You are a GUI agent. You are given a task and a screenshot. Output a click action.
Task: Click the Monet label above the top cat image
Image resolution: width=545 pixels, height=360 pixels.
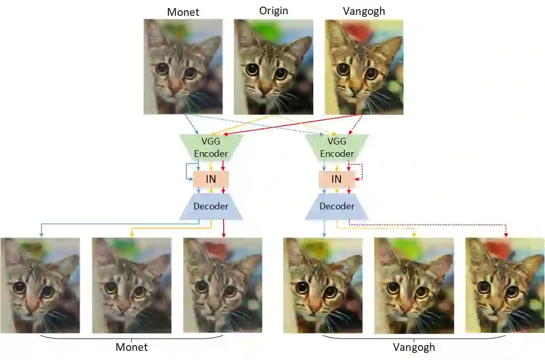(183, 12)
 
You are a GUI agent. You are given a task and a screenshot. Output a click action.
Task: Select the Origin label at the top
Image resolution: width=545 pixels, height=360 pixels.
(273, 11)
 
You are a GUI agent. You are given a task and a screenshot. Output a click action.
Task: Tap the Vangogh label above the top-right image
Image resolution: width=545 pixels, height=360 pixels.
(364, 11)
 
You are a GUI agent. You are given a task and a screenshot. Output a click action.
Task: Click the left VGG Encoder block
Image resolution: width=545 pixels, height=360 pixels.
(211, 147)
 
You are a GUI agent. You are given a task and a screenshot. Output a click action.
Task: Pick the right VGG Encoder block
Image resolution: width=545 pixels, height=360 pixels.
(336, 147)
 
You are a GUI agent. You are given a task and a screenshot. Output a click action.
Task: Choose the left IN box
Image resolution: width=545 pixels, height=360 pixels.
(211, 179)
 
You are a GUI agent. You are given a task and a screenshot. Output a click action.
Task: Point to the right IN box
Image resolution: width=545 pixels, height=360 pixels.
(336, 179)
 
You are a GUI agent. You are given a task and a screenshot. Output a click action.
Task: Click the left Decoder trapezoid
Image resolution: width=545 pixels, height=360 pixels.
(211, 206)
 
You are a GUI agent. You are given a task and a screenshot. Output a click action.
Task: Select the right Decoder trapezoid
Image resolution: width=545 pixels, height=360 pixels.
(336, 206)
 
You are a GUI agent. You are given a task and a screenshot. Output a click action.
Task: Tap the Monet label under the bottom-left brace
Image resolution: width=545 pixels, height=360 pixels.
(132, 347)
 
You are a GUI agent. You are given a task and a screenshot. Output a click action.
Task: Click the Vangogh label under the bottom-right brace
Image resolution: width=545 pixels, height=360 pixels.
(414, 347)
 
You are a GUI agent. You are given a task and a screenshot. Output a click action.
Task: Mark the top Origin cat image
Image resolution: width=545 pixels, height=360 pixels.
(273, 66)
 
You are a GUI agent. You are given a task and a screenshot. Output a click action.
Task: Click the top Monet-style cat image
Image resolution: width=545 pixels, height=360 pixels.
(183, 66)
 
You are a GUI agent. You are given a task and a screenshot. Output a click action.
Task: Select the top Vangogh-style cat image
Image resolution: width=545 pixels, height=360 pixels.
(364, 66)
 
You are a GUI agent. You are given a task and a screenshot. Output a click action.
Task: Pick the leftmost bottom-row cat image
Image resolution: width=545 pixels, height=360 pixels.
(40, 285)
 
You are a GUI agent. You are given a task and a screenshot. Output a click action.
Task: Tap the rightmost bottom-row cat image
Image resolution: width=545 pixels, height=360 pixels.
(505, 285)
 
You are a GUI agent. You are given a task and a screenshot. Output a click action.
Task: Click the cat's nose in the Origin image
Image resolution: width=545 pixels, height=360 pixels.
(266, 89)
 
